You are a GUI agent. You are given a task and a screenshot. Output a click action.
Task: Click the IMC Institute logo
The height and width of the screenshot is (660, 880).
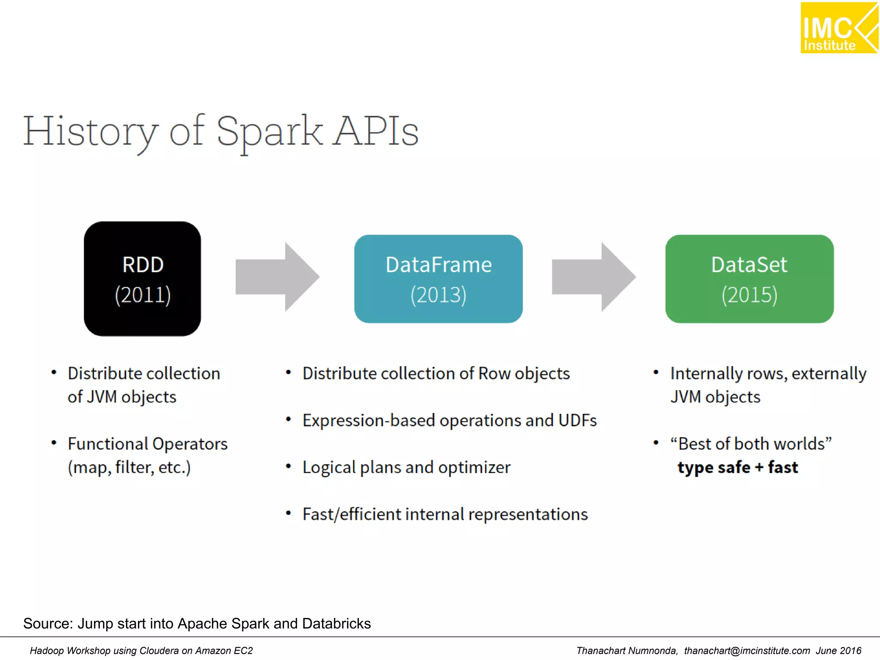(x=838, y=28)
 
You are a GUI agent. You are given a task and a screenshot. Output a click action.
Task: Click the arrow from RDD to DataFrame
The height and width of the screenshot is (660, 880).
(x=277, y=277)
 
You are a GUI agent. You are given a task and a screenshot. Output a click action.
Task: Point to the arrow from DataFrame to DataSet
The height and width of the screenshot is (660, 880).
(x=593, y=277)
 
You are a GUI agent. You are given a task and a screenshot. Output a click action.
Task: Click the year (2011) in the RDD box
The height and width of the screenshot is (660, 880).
(x=143, y=295)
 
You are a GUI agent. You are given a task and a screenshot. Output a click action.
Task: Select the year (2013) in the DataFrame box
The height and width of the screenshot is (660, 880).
(x=438, y=295)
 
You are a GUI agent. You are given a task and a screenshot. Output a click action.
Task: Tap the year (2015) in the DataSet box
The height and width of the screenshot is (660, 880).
(x=749, y=295)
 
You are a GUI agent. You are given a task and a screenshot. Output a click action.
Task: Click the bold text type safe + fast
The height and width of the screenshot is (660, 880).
(x=737, y=467)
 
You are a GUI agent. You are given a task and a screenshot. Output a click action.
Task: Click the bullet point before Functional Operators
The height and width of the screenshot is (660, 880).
(x=54, y=443)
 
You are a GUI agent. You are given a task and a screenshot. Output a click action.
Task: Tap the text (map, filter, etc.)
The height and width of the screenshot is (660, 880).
(x=129, y=467)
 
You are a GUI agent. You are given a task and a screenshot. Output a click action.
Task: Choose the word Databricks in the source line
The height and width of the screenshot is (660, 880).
(x=336, y=623)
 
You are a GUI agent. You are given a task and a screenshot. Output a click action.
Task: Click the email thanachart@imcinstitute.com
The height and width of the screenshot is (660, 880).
(x=747, y=651)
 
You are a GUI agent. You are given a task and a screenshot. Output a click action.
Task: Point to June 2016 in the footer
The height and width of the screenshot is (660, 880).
(x=838, y=651)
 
